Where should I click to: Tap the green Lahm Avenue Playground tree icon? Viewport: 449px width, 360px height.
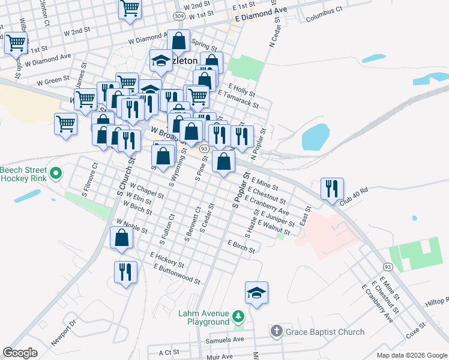[x=238, y=316]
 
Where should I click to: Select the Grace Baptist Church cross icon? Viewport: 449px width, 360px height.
[x=276, y=331]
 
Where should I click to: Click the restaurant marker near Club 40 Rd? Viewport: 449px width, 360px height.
[x=332, y=188]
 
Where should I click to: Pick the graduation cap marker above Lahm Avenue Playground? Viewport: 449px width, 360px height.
[x=256, y=293]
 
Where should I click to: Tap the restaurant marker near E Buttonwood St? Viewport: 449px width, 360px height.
[x=125, y=272]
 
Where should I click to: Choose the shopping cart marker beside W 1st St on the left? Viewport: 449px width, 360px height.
[x=16, y=43]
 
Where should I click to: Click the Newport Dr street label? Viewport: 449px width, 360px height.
[x=65, y=333]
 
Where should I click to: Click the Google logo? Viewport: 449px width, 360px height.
[x=20, y=353]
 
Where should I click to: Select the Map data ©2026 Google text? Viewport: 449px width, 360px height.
[x=411, y=355]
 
